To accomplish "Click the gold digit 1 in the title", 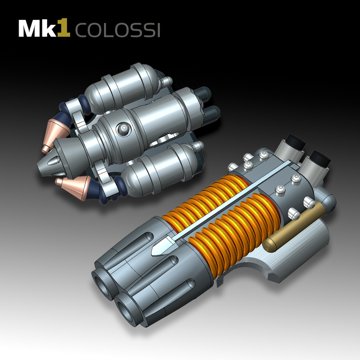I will [x=65, y=28].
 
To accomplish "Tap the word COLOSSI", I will [x=117, y=30].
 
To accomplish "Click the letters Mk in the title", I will [x=38, y=29].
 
